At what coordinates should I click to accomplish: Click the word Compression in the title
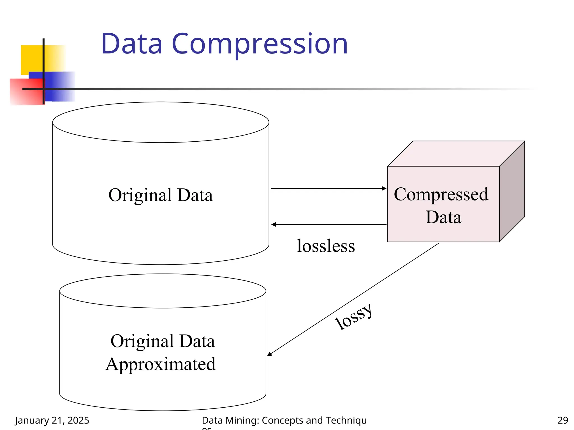(x=260, y=44)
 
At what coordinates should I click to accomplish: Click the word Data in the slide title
(x=132, y=44)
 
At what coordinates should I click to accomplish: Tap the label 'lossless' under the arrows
(x=326, y=246)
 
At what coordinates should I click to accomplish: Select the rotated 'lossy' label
(x=354, y=317)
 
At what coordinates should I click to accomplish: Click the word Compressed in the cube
(x=441, y=194)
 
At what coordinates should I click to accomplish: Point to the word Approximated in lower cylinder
(x=161, y=364)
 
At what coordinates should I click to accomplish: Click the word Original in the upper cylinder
(x=140, y=195)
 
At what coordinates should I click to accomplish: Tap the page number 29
(x=563, y=420)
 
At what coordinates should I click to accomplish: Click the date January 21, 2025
(x=52, y=420)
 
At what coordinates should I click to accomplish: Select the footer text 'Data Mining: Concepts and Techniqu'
(x=284, y=420)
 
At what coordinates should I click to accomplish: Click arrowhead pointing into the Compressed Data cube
(x=384, y=188)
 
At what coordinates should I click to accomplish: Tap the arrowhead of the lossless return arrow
(x=274, y=225)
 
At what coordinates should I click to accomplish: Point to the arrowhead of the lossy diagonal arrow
(x=270, y=354)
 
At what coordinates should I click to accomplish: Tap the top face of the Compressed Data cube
(x=456, y=154)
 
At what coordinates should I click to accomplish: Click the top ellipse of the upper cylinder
(x=161, y=122)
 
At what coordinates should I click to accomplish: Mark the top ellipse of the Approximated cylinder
(x=163, y=291)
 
